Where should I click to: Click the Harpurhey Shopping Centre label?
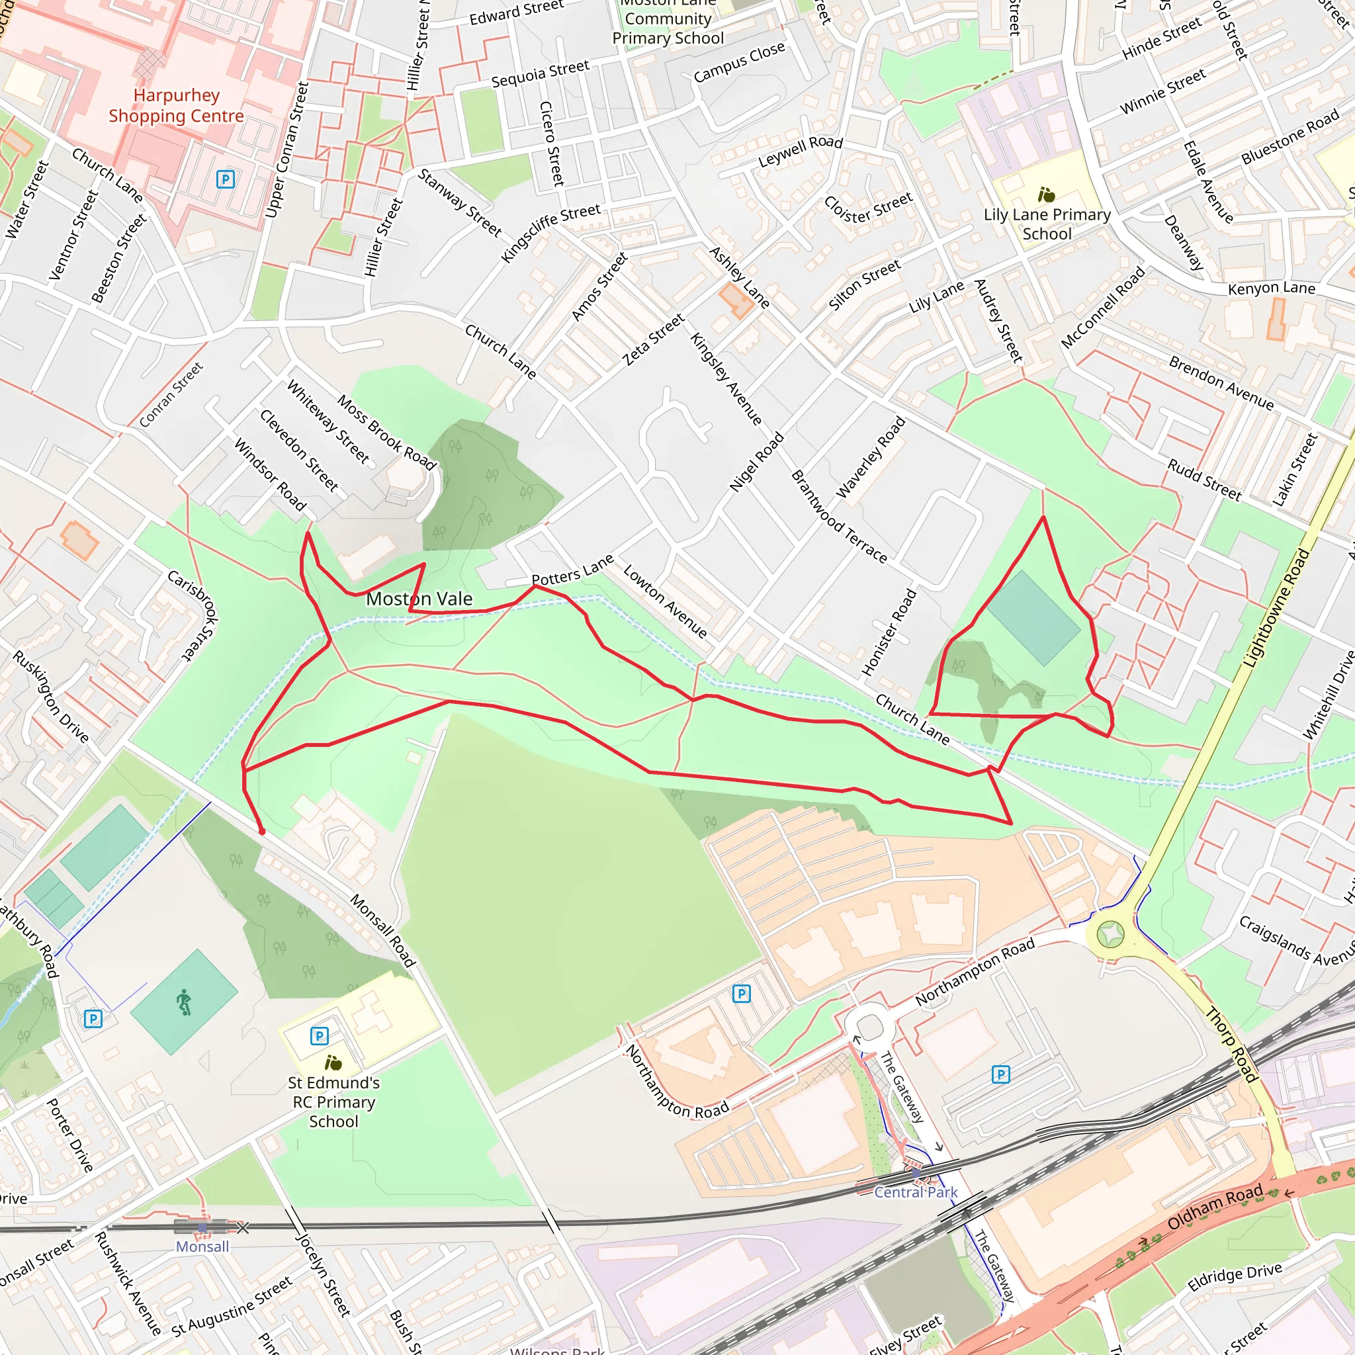pos(176,105)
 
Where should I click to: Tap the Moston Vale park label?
pos(419,599)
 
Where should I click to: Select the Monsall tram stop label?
pos(202,1246)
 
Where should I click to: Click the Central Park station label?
pos(915,1192)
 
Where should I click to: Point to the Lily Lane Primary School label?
pos(1047,224)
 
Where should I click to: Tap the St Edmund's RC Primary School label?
pos(334,1102)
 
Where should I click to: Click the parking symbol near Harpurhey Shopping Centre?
pos(225,179)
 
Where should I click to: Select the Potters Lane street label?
pos(572,570)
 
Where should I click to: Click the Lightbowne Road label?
pos(1276,608)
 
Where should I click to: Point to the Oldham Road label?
pos(1215,1208)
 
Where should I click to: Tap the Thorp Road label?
pos(1231,1044)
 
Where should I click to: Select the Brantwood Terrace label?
pos(839,516)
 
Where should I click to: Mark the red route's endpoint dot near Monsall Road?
pos(262,832)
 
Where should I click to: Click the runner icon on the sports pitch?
pos(184,1002)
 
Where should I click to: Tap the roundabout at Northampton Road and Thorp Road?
pos(1110,934)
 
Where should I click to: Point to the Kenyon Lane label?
pos(1271,288)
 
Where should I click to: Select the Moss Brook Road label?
pos(386,432)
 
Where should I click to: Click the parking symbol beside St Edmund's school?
pos(319,1036)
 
